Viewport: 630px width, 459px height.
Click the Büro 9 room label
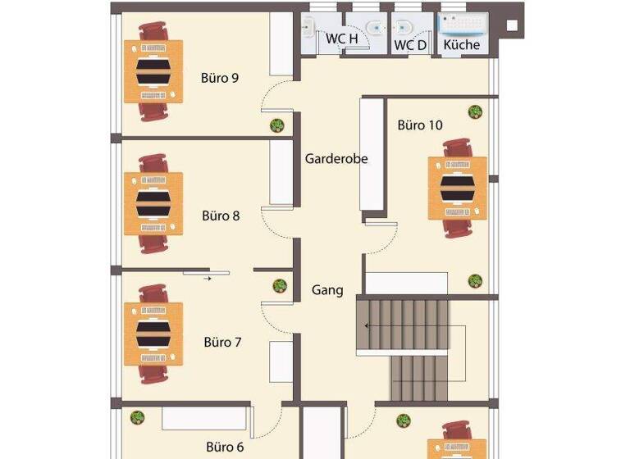[x=220, y=79]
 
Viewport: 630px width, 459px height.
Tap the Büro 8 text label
[x=221, y=216]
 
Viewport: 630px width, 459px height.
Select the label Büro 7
[x=222, y=342]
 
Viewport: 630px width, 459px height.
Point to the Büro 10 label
[x=420, y=125]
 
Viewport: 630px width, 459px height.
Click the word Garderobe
[x=336, y=159]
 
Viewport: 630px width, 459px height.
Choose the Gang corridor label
[x=327, y=290]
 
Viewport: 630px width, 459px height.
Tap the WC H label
[x=342, y=39]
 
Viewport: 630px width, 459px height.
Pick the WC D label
[x=410, y=45]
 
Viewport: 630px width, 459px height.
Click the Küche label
[x=462, y=45]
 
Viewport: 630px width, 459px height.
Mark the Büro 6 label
[x=225, y=448]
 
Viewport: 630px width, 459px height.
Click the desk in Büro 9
[x=153, y=71]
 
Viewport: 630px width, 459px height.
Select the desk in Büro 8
[x=153, y=203]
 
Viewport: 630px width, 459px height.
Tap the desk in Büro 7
[x=153, y=334]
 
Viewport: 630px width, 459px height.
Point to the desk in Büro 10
[x=457, y=188]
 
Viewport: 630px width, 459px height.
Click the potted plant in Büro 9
[x=277, y=125]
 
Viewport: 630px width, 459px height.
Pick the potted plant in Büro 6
[x=138, y=417]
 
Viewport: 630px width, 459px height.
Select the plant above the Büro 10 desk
[x=475, y=111]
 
